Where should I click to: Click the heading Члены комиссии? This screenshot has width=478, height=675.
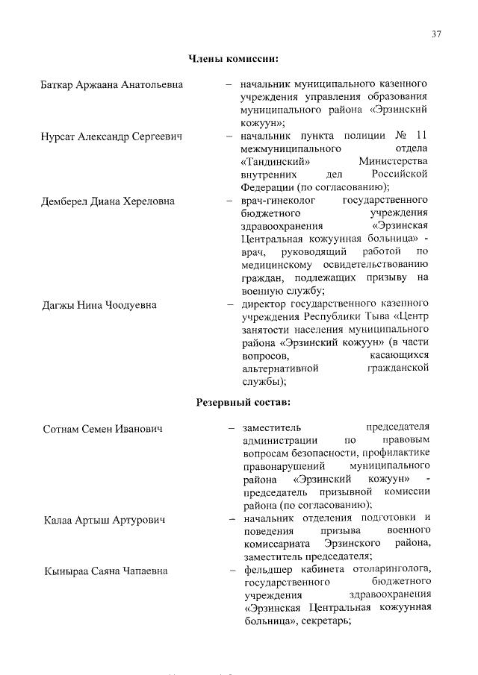pyautogui.click(x=233, y=58)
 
